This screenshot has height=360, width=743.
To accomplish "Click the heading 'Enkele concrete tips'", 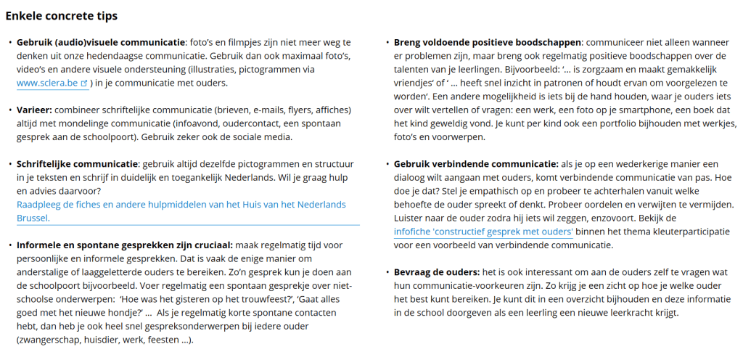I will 61,16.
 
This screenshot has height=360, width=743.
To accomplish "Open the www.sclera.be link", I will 48,83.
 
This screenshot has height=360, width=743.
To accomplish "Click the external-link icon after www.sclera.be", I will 84,83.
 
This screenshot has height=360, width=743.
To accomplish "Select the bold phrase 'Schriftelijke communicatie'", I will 77,164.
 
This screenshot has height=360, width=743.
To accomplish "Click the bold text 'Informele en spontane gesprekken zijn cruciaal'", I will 123,245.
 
